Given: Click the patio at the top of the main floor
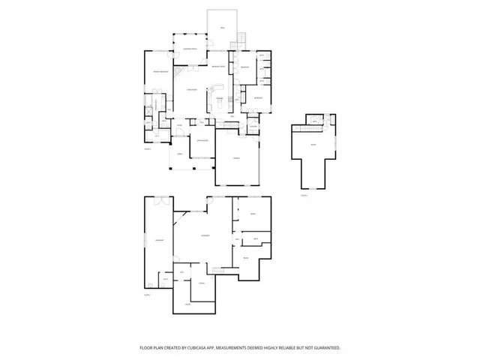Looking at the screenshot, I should (x=222, y=28).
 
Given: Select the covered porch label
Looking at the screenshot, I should (x=190, y=49).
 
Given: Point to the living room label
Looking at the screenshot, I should (x=191, y=90).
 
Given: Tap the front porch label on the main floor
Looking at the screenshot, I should (x=179, y=154).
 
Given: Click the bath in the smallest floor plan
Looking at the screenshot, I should (x=315, y=118).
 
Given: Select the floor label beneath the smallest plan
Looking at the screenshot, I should (x=304, y=196).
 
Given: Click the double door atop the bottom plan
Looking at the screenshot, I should (x=162, y=200).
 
